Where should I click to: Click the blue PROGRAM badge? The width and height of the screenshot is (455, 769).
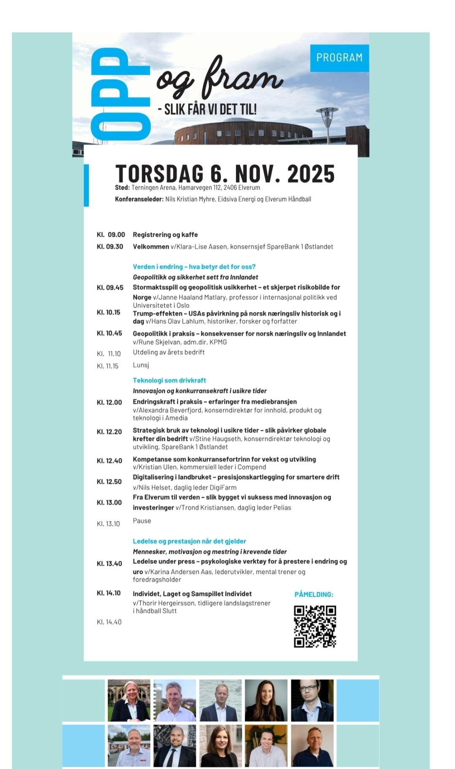[x=339, y=58]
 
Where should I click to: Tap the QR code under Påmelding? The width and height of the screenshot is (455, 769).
[x=315, y=626]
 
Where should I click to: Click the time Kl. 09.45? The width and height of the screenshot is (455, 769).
[x=110, y=288]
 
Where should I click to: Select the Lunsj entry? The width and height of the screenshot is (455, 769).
[x=141, y=365]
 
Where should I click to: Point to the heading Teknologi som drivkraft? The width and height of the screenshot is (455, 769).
[x=169, y=380]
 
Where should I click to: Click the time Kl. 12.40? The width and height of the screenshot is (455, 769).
[x=110, y=461]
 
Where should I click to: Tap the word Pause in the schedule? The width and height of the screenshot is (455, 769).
[x=142, y=521]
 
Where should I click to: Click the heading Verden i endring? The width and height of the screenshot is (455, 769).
[x=194, y=267]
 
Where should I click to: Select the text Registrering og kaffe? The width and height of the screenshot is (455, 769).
[x=165, y=235]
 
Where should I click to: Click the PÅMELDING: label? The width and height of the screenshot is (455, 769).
[x=314, y=595]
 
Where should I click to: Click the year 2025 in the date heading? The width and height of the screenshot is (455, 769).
[x=311, y=174]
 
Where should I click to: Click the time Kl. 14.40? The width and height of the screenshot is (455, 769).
[x=109, y=622]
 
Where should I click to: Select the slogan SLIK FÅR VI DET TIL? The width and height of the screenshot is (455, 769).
[x=210, y=109]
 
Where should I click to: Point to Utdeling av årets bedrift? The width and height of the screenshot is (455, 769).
[x=169, y=352]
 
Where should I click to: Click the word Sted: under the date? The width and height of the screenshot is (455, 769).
[x=122, y=187]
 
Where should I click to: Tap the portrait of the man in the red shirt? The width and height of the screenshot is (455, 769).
[x=129, y=745]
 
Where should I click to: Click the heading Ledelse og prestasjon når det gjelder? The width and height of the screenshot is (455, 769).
[x=189, y=541]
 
